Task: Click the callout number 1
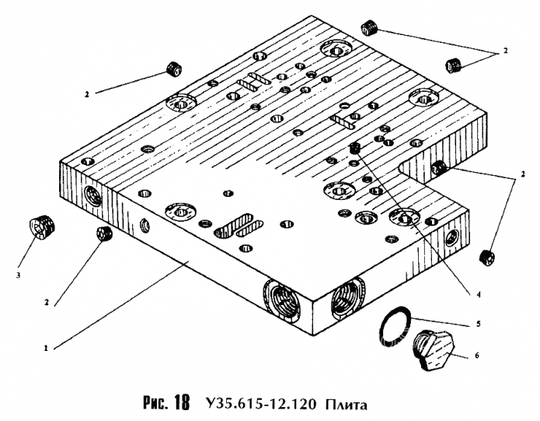(x=47, y=348)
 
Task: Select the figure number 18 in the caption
(x=182, y=404)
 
